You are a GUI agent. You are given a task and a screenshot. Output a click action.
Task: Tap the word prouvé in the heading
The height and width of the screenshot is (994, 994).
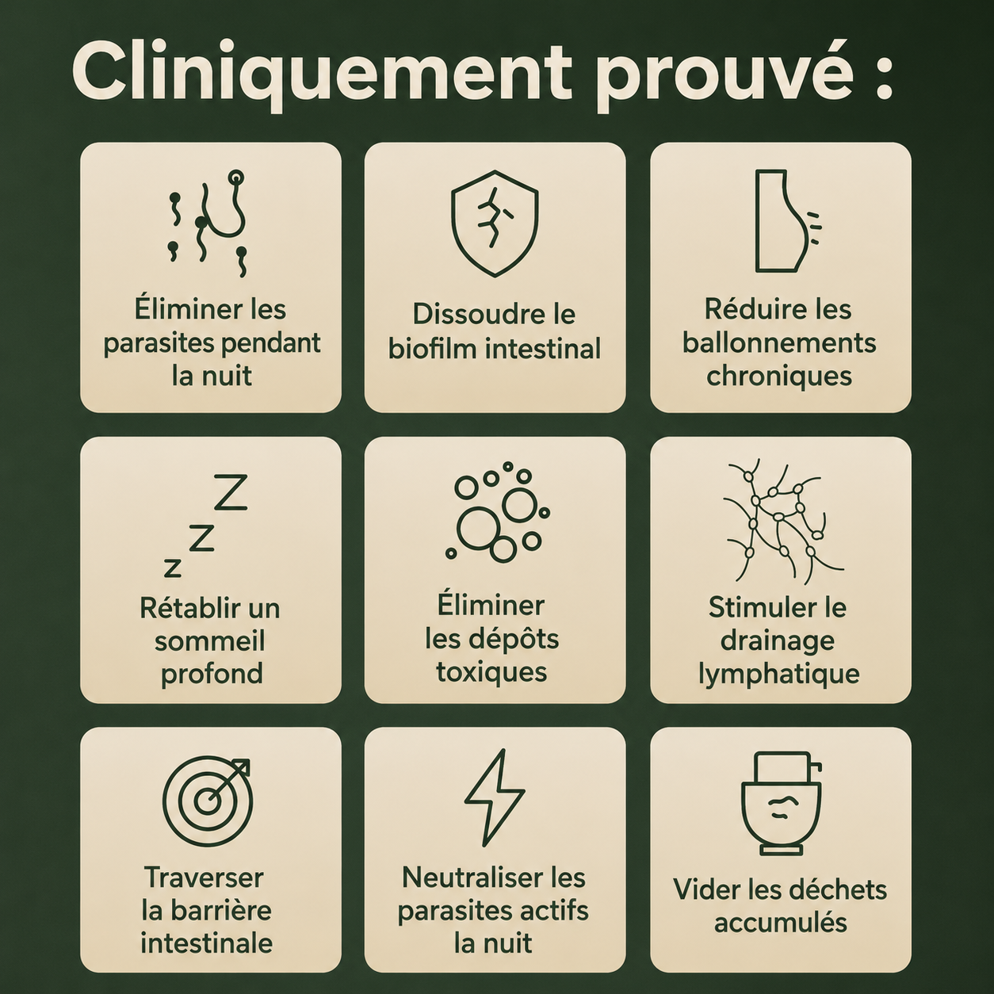click(x=725, y=76)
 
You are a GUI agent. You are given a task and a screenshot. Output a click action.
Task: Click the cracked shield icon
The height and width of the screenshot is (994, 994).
click(x=495, y=224)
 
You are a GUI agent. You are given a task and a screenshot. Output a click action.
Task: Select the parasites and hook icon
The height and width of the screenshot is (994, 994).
click(x=208, y=222)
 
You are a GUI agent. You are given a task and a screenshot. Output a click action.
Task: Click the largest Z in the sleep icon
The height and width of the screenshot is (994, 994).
click(x=230, y=492)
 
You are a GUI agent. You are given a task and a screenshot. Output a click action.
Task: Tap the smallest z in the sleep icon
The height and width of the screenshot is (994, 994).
click(x=172, y=568)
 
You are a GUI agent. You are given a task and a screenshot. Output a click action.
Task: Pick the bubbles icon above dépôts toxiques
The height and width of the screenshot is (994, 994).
click(x=497, y=512)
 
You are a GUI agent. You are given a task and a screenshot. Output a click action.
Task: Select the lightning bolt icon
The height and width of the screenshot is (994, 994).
click(x=494, y=797)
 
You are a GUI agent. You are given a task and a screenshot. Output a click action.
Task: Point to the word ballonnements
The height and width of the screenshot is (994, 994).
click(x=779, y=342)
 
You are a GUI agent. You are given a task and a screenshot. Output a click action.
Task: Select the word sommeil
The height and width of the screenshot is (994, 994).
click(x=209, y=641)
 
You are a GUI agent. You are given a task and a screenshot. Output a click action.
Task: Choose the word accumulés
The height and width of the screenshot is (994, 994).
click(x=781, y=922)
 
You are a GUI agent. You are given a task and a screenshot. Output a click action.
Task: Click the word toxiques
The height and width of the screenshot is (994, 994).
click(x=491, y=673)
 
